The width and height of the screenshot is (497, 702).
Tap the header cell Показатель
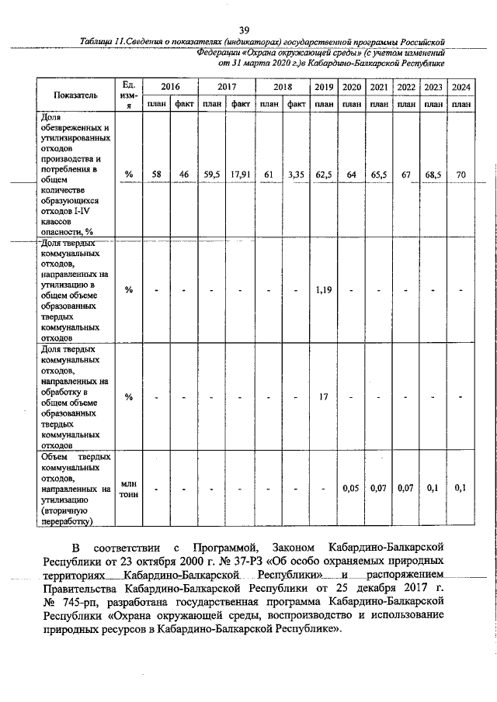(75, 95)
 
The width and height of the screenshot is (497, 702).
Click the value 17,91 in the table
(239, 175)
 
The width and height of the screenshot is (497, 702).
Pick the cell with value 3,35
(295, 175)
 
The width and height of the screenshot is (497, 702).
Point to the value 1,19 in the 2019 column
(325, 290)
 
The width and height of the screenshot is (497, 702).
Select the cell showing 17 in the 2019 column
(325, 397)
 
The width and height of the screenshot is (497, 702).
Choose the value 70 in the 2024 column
(461, 175)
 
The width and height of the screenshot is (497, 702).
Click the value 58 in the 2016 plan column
(156, 175)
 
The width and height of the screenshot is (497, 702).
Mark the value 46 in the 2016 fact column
(184, 175)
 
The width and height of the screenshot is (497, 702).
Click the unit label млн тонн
(129, 489)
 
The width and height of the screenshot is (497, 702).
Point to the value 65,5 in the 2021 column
(379, 175)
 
